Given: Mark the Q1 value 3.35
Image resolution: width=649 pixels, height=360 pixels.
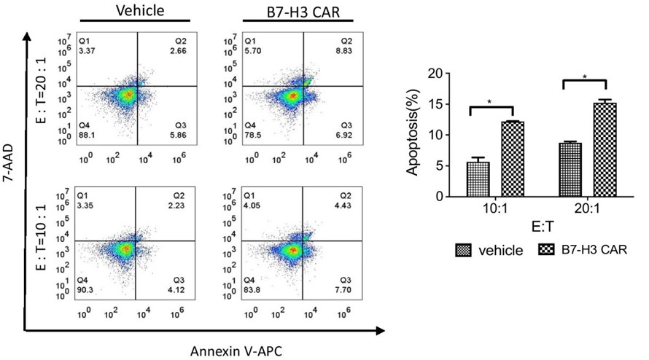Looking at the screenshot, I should click(88, 208).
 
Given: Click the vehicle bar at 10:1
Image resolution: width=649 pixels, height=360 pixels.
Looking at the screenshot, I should click(478, 179).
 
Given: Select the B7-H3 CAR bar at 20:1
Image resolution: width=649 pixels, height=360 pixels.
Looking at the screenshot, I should click(605, 150).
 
